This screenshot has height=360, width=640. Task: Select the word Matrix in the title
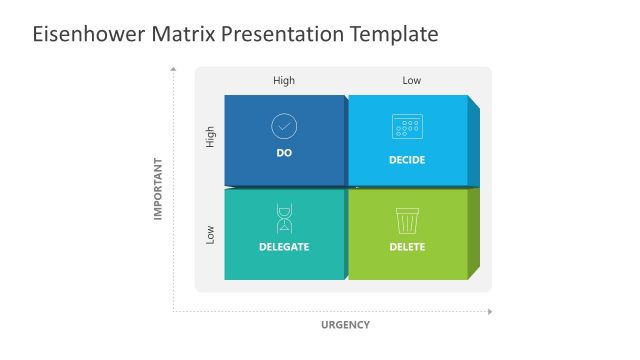point(182,35)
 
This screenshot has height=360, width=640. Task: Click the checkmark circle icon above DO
point(284,126)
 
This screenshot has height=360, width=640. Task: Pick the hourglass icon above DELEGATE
point(284,218)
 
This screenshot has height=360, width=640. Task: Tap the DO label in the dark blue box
point(284,153)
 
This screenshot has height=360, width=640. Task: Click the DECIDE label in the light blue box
point(407,160)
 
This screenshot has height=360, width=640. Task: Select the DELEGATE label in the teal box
point(284,246)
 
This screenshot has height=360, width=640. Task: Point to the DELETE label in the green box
point(407,247)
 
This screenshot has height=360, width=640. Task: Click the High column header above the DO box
point(284,81)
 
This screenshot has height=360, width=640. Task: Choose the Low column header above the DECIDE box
point(412,81)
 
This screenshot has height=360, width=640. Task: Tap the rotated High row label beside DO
point(210,137)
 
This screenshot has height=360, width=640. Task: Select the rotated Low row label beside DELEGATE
point(210,234)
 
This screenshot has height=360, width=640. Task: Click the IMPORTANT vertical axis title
point(157,188)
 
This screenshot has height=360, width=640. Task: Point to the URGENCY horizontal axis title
point(345,325)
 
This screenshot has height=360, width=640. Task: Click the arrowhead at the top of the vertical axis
point(174,69)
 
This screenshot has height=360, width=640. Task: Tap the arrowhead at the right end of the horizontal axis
point(489,311)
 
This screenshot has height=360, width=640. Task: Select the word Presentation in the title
point(283,35)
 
